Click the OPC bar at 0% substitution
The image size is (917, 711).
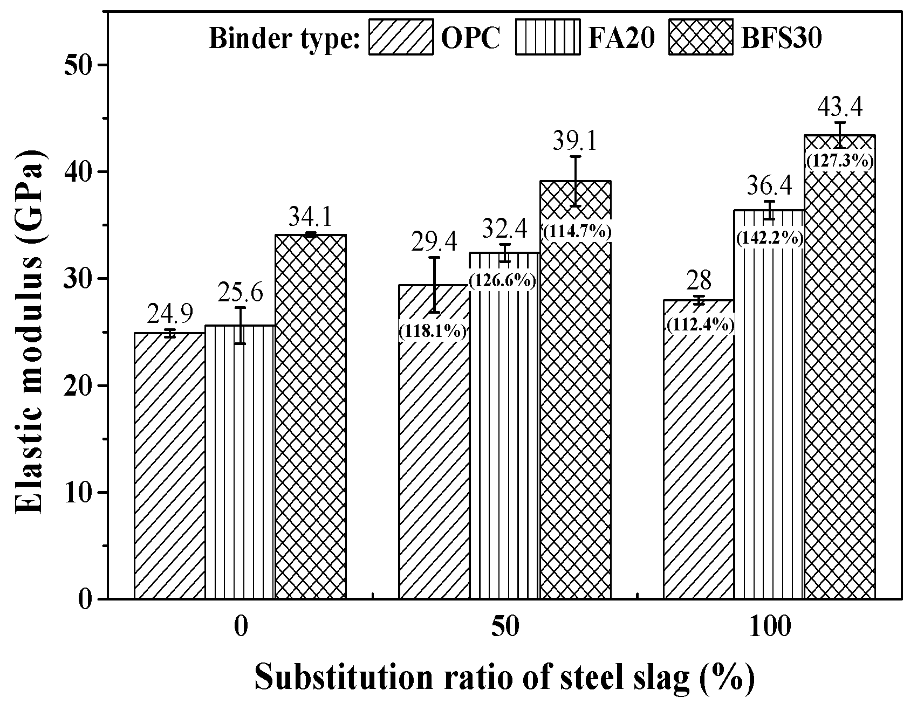(169, 466)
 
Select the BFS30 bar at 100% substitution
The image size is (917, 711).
(839, 377)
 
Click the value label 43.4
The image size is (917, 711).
(840, 107)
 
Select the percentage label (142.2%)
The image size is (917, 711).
(769, 238)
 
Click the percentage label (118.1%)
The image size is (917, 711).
(433, 331)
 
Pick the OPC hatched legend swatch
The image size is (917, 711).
(401, 37)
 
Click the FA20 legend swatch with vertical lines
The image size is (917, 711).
(548, 37)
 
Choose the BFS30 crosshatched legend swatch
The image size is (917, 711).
(701, 37)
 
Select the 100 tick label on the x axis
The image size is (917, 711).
(769, 628)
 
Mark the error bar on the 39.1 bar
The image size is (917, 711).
(576, 181)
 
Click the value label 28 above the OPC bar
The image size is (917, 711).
(699, 281)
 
